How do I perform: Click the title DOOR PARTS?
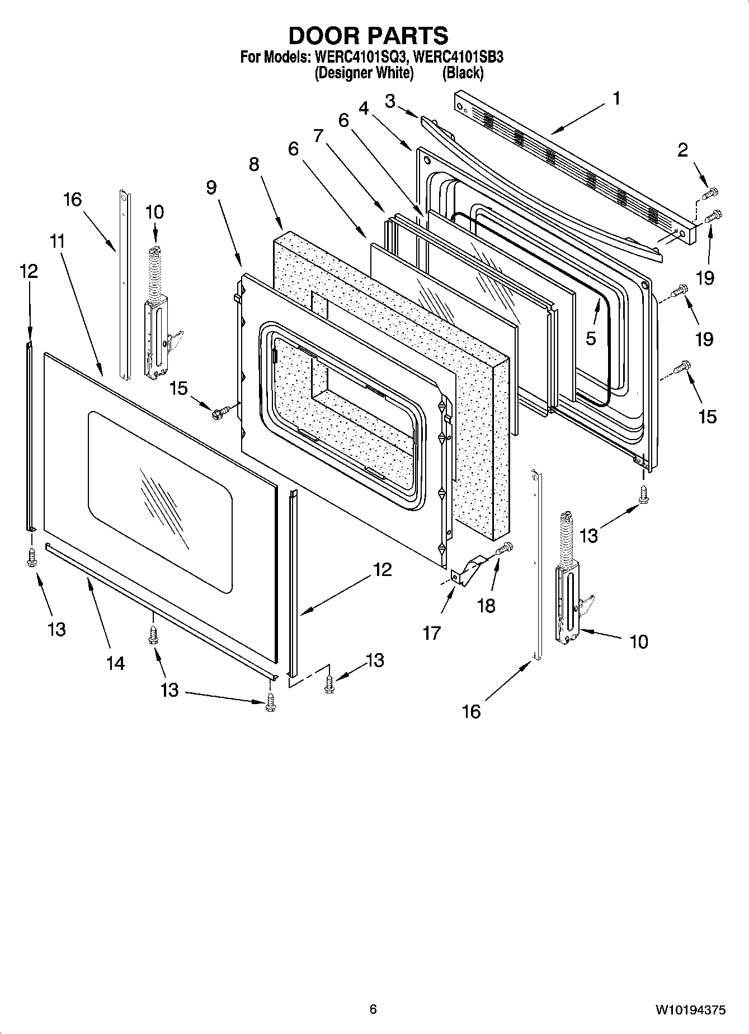(368, 36)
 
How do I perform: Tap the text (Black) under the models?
(462, 73)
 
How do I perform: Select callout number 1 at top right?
(616, 99)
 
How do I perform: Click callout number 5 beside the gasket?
(591, 338)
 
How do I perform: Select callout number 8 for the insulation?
(254, 164)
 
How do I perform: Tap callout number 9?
(211, 187)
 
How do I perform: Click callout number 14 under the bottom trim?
(115, 663)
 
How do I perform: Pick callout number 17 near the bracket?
(432, 633)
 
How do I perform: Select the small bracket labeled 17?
(467, 569)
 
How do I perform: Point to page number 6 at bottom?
(373, 1009)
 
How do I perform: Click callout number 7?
(318, 136)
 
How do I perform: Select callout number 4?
(364, 108)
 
